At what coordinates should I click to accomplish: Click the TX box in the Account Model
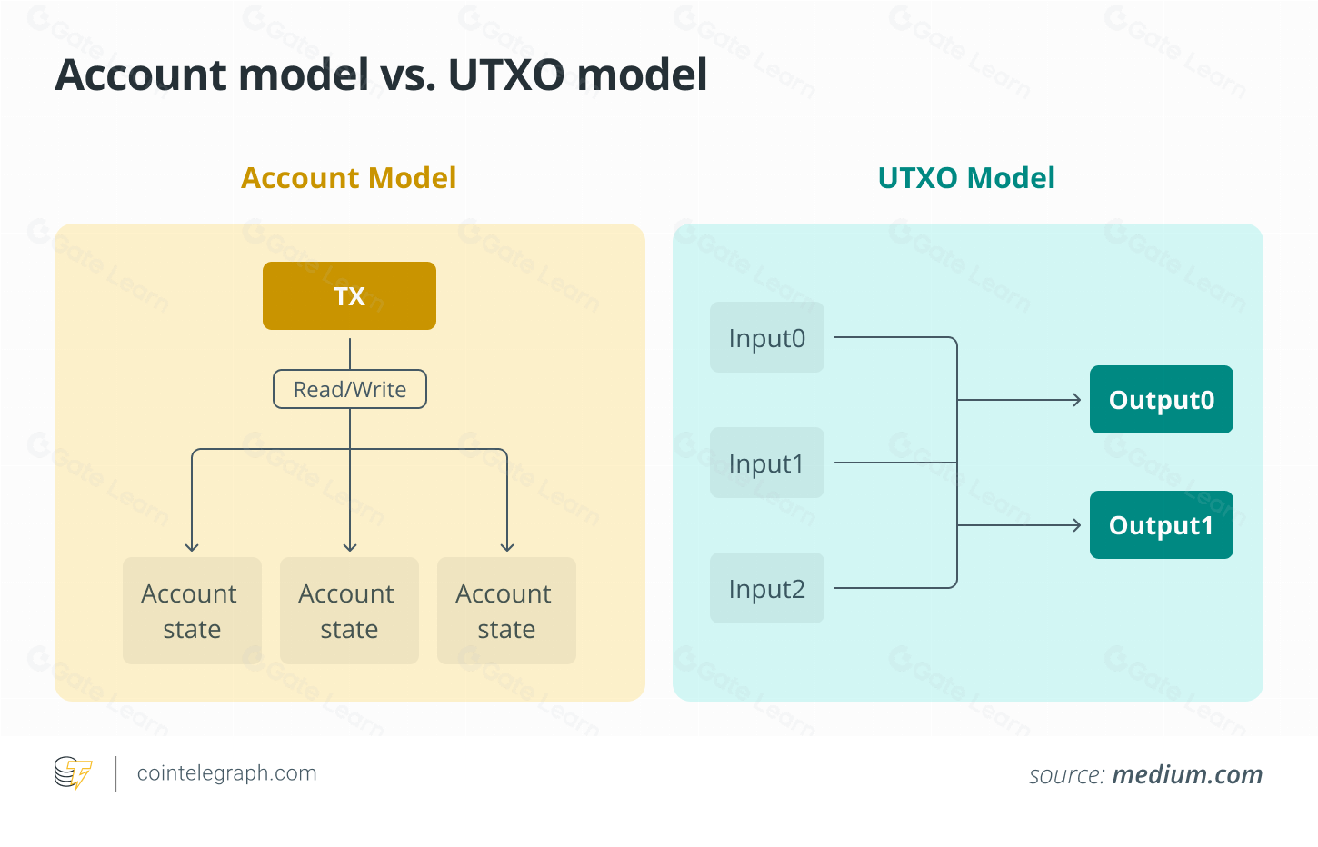[349, 296]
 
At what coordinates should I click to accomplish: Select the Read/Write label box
[350, 389]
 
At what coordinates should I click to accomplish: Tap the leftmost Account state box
[192, 611]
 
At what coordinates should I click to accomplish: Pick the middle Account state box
[349, 611]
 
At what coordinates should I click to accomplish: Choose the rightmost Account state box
[506, 611]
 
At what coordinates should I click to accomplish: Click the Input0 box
[766, 338]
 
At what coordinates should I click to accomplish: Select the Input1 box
[766, 463]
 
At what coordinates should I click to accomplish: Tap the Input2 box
[766, 589]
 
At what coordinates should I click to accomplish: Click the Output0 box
[1161, 400]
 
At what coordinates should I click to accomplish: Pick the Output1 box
[1161, 525]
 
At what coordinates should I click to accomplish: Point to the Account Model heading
[349, 178]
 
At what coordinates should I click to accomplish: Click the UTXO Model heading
[966, 178]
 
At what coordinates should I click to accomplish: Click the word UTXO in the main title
[506, 75]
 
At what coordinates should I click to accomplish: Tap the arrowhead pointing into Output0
[1076, 400]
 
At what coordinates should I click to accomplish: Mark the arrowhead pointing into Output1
[1076, 525]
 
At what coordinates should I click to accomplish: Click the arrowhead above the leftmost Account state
[192, 547]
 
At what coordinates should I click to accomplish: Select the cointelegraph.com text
[226, 773]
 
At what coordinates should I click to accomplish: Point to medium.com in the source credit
[1187, 775]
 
